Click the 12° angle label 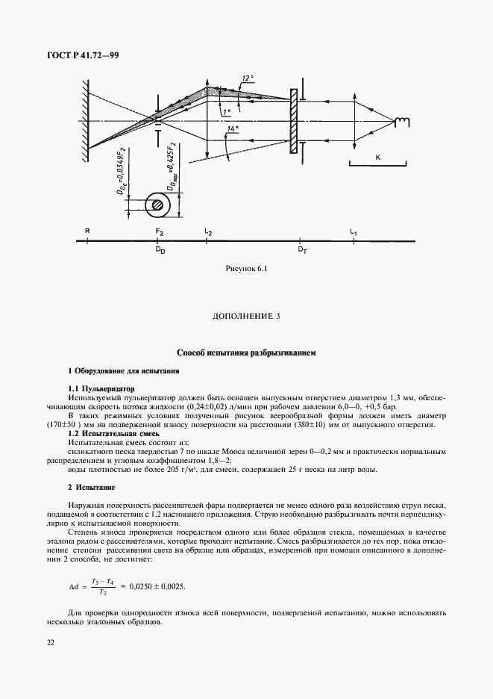pyautogui.click(x=248, y=78)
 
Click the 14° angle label pyautogui.click(x=233, y=129)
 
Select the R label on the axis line pyautogui.click(x=87, y=232)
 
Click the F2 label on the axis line pyautogui.click(x=159, y=232)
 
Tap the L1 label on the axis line pyautogui.click(x=354, y=232)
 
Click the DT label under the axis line pyautogui.click(x=302, y=251)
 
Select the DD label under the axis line pyautogui.click(x=160, y=251)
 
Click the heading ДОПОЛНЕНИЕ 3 pyautogui.click(x=246, y=317)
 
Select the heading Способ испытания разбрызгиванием pyautogui.click(x=246, y=351)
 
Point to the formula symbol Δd pyautogui.click(x=73, y=567)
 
